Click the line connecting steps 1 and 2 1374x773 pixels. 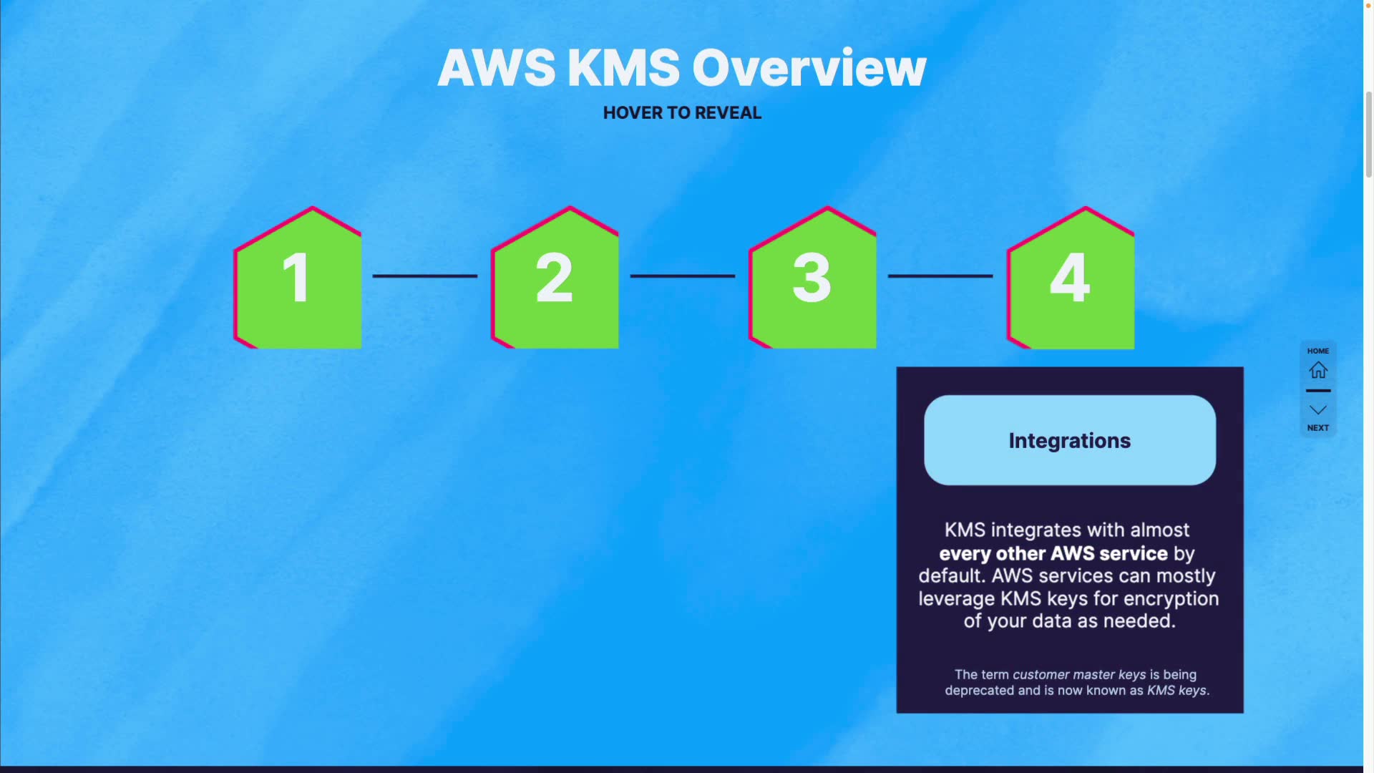425,276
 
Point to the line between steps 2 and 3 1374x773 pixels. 683,276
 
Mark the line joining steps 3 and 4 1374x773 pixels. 940,276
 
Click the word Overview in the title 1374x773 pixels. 809,68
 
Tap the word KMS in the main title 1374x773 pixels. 623,68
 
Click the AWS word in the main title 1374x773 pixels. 496,68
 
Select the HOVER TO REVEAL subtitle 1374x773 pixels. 682,113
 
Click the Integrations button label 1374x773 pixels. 1070,441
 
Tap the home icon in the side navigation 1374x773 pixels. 1318,370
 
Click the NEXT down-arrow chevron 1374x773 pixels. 1318,410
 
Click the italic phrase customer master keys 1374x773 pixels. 1079,674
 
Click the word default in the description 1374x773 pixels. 951,576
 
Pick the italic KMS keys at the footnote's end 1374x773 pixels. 1176,691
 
